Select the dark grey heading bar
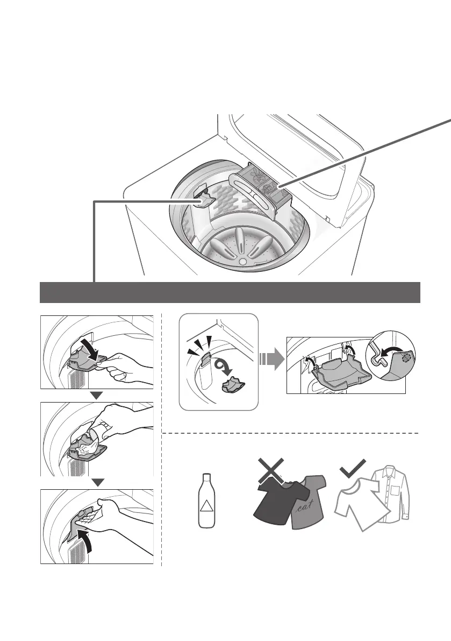point(230,292)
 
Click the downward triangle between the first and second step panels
point(97,396)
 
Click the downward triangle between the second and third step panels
point(97,482)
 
